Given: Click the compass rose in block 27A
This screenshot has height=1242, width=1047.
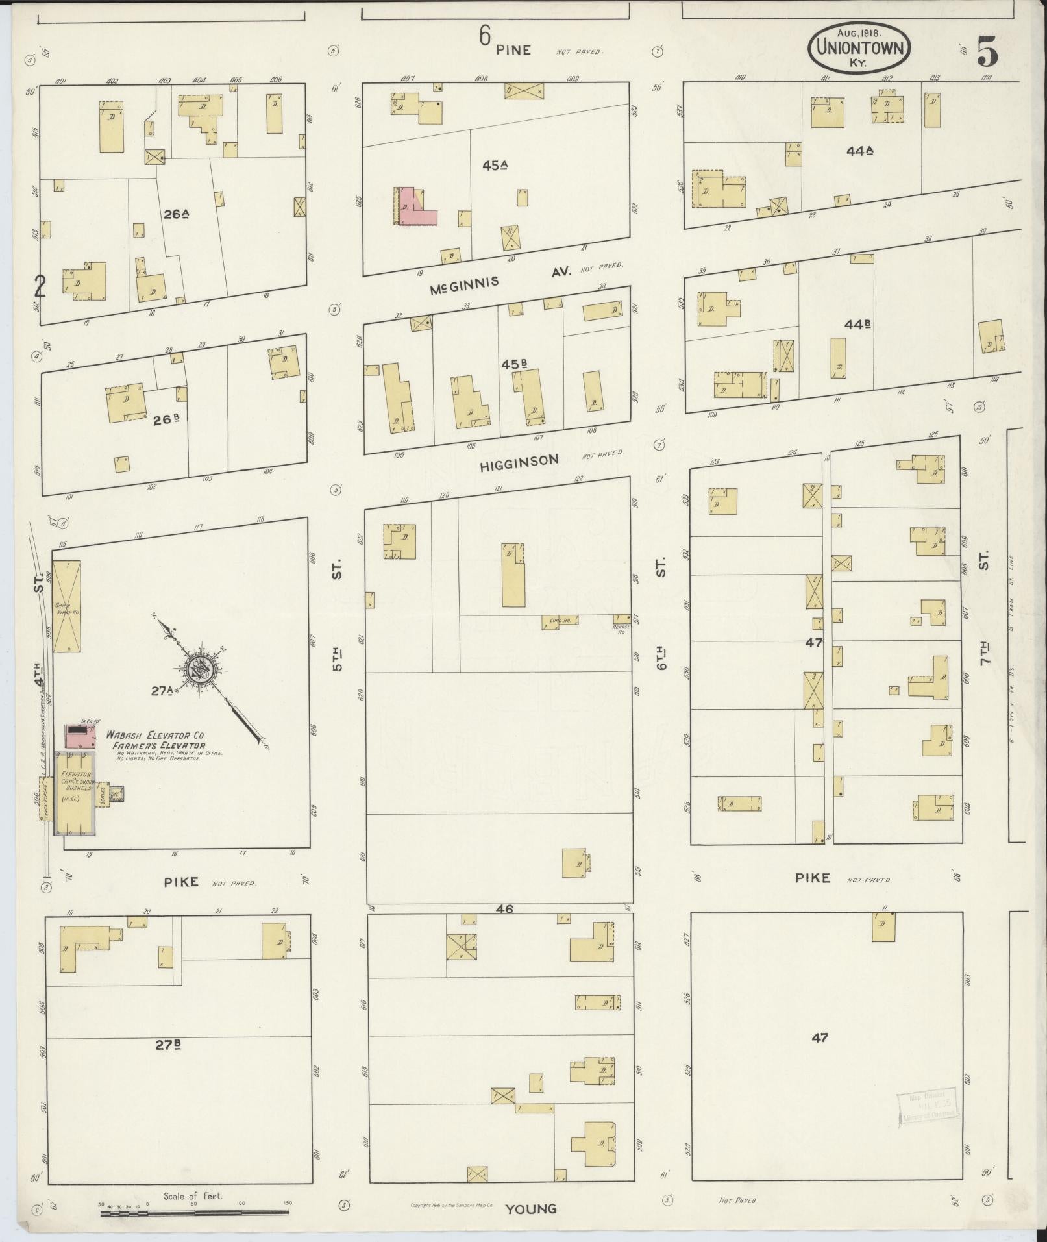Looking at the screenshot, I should click(x=201, y=671).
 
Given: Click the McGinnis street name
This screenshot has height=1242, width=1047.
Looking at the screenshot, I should click(x=465, y=283).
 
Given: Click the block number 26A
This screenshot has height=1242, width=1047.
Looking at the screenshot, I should click(x=175, y=214).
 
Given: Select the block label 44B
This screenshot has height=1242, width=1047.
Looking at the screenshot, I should click(x=857, y=323).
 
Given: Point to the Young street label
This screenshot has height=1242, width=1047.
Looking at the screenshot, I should click(x=531, y=1208).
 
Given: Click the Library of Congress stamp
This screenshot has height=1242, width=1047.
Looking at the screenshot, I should click(x=928, y=1105).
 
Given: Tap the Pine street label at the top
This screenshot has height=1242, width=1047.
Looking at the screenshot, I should click(x=513, y=50).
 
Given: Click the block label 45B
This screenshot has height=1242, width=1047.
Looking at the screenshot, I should click(x=513, y=364).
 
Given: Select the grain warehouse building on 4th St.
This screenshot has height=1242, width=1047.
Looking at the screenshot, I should click(x=67, y=606).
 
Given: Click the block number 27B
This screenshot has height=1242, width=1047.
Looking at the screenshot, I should click(x=167, y=1045).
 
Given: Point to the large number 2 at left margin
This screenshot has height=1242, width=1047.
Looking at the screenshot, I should click(x=40, y=286).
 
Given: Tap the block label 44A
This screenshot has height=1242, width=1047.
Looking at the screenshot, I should click(x=859, y=151).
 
